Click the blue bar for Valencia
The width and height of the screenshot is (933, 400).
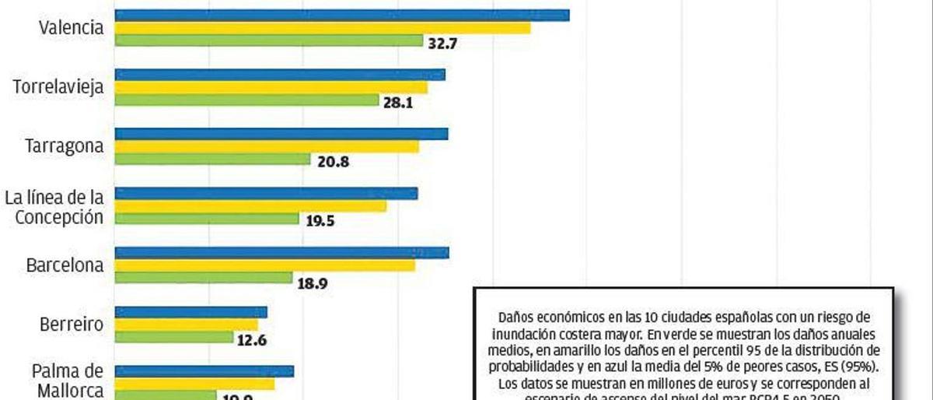tap(342, 15)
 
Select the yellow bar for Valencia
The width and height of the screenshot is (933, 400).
tap(323, 28)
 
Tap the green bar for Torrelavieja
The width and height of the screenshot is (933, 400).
tap(246, 100)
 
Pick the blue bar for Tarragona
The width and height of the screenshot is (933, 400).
tap(281, 134)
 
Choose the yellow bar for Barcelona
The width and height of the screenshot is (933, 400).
tap(265, 265)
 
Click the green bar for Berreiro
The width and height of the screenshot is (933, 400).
tap(174, 337)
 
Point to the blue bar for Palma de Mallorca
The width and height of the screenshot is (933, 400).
tap(204, 371)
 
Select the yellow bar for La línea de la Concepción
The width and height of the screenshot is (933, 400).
tap(250, 206)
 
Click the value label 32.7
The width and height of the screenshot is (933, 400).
tap(442, 44)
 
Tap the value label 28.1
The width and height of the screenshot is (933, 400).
tap(397, 101)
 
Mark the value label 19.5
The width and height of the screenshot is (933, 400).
tap(320, 220)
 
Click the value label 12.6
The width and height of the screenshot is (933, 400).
tap(253, 339)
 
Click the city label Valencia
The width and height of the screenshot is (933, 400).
tap(72, 28)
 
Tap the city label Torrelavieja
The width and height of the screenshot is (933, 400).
tap(58, 87)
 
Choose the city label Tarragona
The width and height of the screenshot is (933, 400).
tap(64, 147)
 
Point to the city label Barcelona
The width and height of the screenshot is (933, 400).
tap(65, 265)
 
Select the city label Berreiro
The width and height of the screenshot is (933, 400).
tap(71, 325)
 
